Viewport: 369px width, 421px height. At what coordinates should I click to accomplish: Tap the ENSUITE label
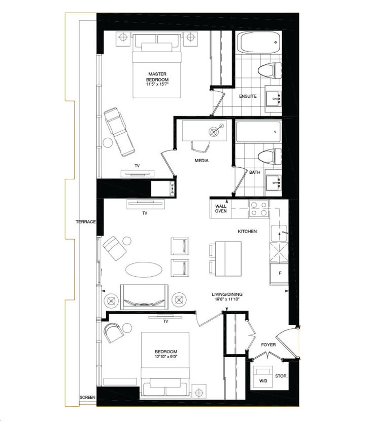click(x=248, y=96)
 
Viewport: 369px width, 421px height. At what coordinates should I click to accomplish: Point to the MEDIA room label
click(x=203, y=161)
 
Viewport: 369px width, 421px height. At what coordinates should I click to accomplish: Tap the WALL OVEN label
click(x=221, y=209)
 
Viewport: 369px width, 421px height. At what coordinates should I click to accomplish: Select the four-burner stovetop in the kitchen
click(x=259, y=208)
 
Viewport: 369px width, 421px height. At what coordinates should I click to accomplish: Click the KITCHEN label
click(x=247, y=232)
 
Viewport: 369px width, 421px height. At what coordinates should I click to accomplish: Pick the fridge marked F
click(x=279, y=274)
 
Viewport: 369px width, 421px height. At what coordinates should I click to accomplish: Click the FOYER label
click(x=268, y=345)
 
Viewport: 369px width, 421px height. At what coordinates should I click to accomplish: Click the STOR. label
click(x=282, y=376)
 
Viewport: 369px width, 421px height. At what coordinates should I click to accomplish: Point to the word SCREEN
click(x=87, y=398)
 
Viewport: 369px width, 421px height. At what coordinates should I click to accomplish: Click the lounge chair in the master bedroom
click(x=120, y=133)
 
